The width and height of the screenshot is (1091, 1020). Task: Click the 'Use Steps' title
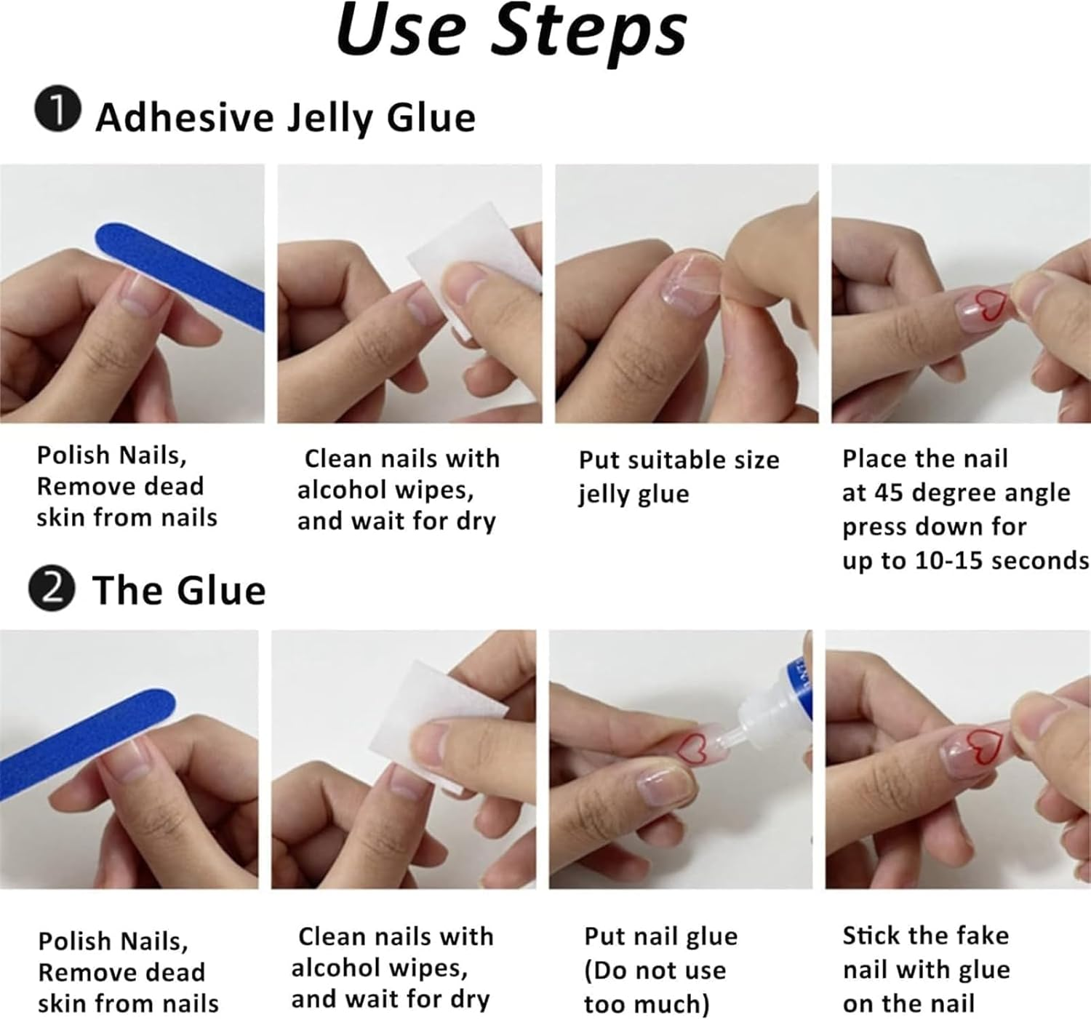point(511,33)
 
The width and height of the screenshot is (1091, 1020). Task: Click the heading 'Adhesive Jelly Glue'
point(285,118)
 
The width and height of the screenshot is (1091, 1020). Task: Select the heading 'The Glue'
point(179,590)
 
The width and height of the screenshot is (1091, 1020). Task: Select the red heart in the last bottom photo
point(986,748)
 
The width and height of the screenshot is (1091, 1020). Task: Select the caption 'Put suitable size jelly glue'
point(678,477)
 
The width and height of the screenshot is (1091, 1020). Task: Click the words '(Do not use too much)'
point(655,987)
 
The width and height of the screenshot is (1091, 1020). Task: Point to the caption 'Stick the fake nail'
point(925,952)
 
